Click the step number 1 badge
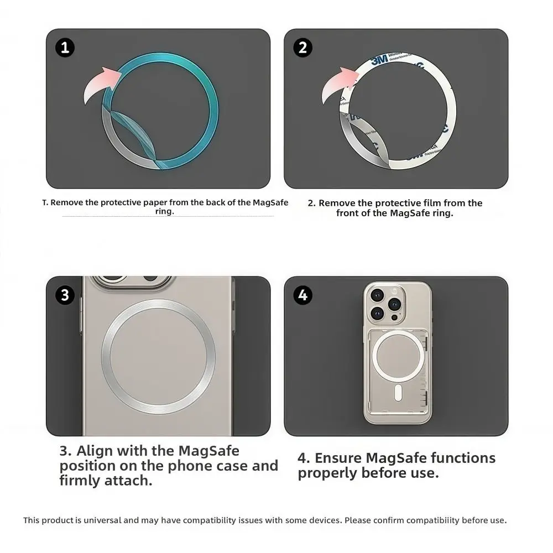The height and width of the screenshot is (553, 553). (x=65, y=48)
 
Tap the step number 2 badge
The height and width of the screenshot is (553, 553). (x=302, y=48)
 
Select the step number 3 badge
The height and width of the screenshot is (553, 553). (x=65, y=295)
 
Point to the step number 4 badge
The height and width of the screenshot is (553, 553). (x=302, y=295)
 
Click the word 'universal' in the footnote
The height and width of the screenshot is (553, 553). (x=103, y=520)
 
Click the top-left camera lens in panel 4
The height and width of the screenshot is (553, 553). (x=378, y=294)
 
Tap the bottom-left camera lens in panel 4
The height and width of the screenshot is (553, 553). (x=378, y=313)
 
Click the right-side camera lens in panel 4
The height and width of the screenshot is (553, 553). (x=394, y=304)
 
